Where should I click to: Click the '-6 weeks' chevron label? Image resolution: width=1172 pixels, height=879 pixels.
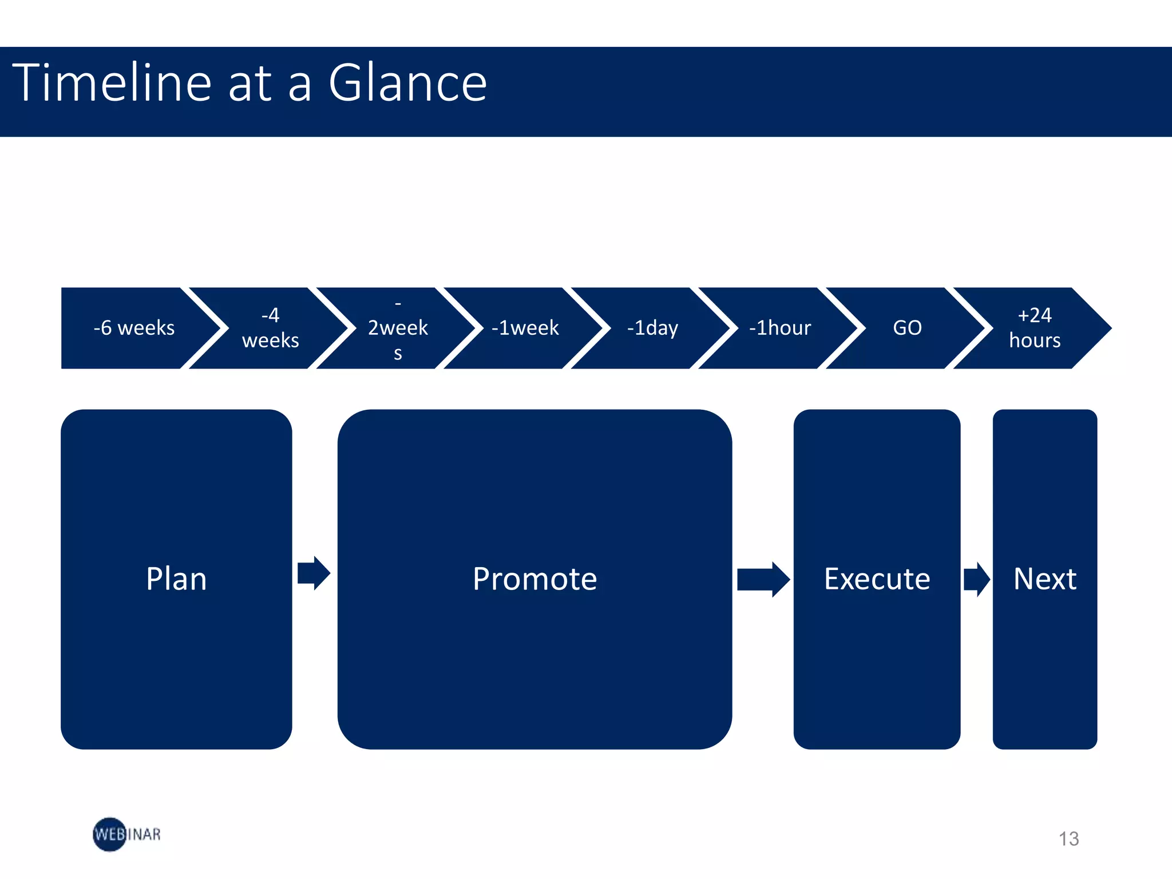(x=134, y=328)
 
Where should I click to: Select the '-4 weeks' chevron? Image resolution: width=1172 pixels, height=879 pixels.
(x=270, y=328)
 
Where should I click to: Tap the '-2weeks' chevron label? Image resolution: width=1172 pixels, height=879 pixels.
(x=398, y=328)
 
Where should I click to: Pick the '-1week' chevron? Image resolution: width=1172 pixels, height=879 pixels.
(x=525, y=328)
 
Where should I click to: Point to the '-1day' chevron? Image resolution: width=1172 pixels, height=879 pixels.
(x=652, y=328)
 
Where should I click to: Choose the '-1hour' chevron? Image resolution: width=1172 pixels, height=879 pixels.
(x=780, y=328)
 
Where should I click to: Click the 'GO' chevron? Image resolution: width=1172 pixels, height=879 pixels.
(x=907, y=328)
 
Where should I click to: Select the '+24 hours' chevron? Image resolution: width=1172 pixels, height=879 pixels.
(x=1035, y=328)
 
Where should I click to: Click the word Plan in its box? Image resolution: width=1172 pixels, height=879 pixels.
(x=176, y=579)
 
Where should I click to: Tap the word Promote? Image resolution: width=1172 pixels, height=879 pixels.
(x=534, y=579)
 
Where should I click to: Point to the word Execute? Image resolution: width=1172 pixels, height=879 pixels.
(x=877, y=579)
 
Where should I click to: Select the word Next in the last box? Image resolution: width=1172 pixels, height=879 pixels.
(x=1044, y=579)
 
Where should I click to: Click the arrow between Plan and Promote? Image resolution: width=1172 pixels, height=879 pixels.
(x=314, y=573)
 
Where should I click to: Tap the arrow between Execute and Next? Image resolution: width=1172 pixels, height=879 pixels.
(x=976, y=579)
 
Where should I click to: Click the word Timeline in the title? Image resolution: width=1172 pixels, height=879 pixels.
(x=112, y=83)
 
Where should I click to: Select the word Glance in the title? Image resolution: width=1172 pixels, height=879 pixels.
(x=407, y=83)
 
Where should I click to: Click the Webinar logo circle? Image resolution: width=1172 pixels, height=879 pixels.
(x=109, y=834)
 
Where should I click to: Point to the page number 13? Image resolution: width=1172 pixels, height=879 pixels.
(x=1068, y=839)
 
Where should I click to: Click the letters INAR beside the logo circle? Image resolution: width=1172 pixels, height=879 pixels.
(x=144, y=834)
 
